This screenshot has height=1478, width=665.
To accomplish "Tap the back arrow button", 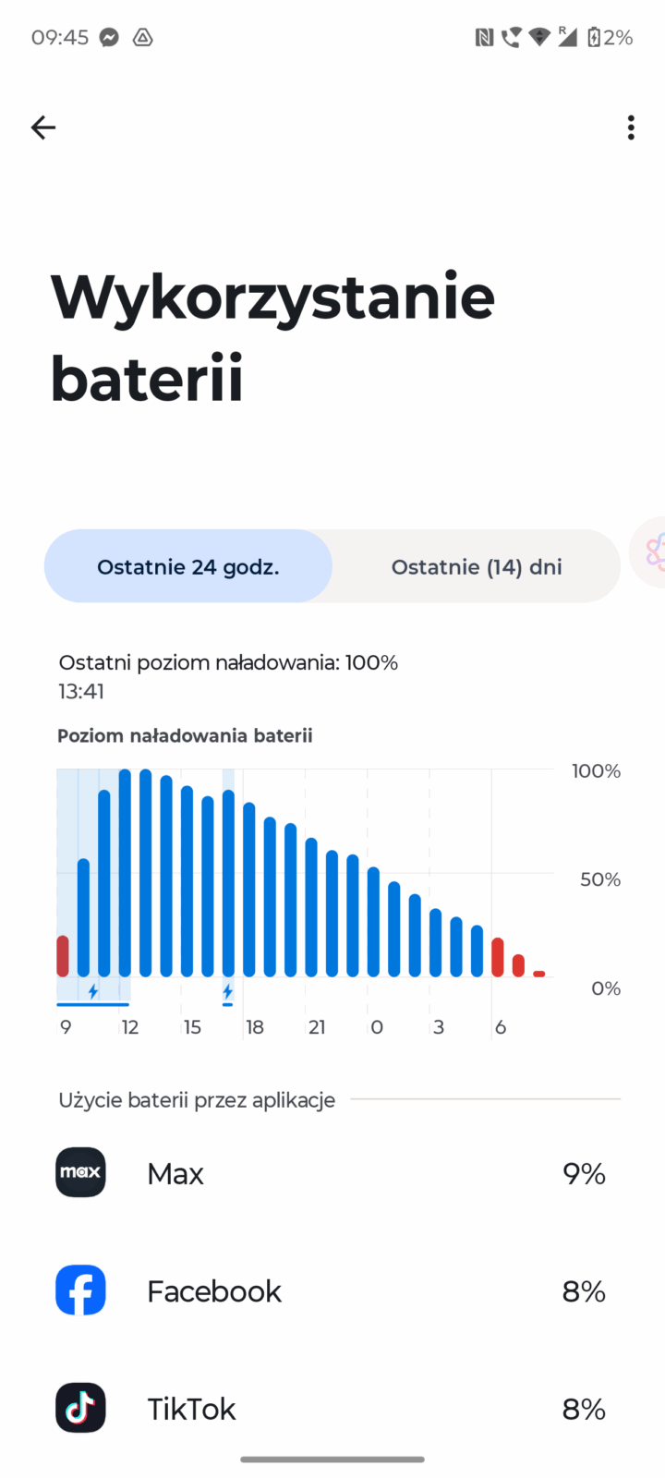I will (x=43, y=127).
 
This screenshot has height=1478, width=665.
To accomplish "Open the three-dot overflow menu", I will (x=631, y=127).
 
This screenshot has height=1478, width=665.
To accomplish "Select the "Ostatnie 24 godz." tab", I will (x=188, y=566).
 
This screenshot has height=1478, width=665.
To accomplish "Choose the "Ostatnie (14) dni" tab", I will (x=476, y=566).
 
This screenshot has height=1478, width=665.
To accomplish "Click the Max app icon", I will (x=80, y=1172).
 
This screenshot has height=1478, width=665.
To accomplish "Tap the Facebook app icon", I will (x=80, y=1290).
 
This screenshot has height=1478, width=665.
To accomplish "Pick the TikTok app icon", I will (x=80, y=1408).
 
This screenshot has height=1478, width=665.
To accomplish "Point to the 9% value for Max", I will (x=584, y=1173).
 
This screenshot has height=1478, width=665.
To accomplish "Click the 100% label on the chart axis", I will (x=596, y=771).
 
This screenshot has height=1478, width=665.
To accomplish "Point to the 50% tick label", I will (x=599, y=879).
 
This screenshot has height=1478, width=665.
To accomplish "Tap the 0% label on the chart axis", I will (x=605, y=988).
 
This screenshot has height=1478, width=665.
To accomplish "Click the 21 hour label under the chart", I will (x=317, y=1027).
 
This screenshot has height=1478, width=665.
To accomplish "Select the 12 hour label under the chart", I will (x=130, y=1027).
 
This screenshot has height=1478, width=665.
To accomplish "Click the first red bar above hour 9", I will (x=63, y=956).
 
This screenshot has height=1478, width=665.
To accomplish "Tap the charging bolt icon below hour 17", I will (x=227, y=992).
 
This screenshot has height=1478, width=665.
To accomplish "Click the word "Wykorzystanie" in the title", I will (x=272, y=297).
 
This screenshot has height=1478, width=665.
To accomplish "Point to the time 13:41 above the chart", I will (x=81, y=691).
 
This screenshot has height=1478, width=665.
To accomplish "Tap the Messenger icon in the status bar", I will (x=109, y=38).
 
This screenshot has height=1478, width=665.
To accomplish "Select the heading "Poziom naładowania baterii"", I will (x=185, y=735).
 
